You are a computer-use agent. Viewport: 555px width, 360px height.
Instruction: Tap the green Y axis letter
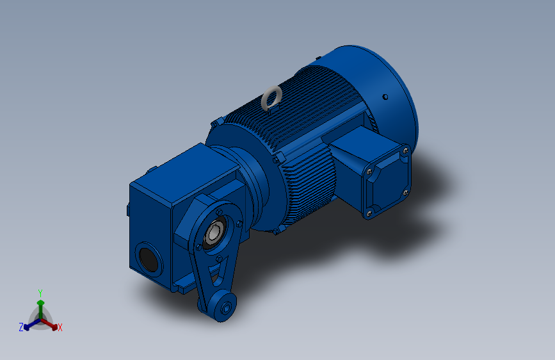point(40,293)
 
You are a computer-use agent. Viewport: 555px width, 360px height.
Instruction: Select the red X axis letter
point(60,327)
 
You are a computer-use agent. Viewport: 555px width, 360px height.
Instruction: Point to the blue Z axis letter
point(21,327)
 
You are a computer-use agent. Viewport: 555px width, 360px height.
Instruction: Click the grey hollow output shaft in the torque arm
point(213,233)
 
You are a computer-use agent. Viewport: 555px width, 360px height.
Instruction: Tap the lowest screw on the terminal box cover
point(369,213)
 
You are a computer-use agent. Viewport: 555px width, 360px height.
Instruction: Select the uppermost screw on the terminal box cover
point(406,151)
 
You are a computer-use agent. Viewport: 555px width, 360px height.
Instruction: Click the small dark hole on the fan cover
point(385,97)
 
